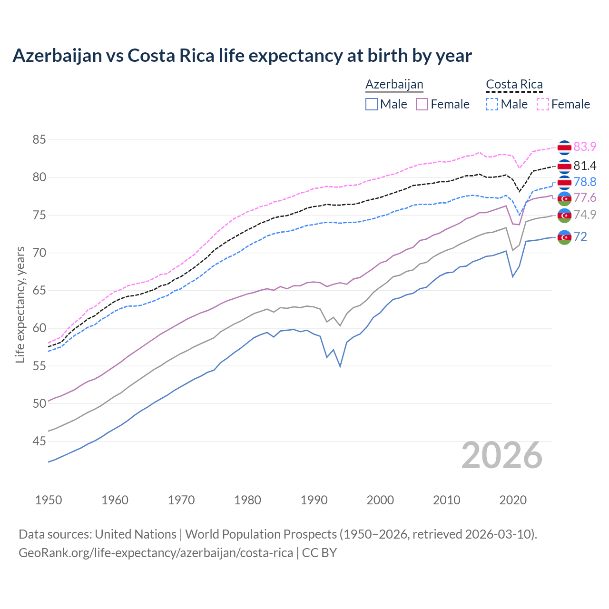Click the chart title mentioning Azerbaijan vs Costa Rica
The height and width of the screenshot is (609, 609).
[242, 56]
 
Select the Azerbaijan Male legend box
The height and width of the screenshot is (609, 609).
[372, 104]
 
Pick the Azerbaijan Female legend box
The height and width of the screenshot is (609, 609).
[422, 104]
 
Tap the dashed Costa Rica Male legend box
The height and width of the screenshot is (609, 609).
[492, 104]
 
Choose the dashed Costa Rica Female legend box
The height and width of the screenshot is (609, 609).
[542, 104]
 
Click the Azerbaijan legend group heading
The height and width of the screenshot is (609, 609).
[394, 85]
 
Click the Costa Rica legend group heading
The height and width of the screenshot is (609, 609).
[514, 85]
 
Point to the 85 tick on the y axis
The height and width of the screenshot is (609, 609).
[39, 140]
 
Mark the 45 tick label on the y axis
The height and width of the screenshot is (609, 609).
[39, 442]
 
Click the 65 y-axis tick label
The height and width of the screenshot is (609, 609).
[39, 291]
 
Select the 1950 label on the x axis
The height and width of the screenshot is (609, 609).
[49, 500]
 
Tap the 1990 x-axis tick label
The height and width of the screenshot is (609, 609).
[314, 500]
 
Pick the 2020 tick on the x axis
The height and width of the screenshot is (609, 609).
[513, 500]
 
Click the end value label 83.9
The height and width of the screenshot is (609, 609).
[585, 147]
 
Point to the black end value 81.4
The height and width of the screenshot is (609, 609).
[585, 166]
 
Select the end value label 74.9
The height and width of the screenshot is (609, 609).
[585, 215]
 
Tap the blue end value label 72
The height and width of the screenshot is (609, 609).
[580, 236]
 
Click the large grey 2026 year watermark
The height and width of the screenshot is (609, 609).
[502, 455]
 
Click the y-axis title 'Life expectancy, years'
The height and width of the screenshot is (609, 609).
[20, 304]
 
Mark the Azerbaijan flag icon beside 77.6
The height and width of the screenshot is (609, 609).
[564, 198]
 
